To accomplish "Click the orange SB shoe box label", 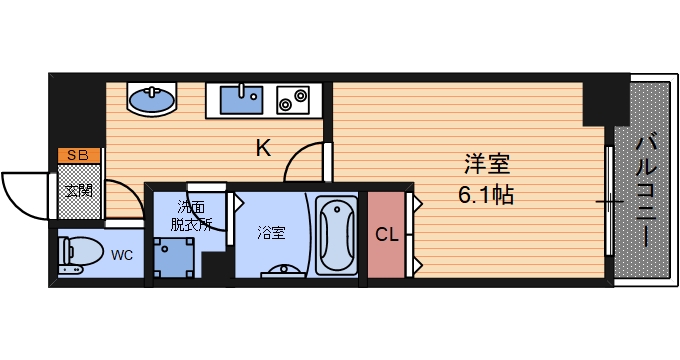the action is point(78,155).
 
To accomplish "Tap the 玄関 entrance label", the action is point(79,190).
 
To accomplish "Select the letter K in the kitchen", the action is point(263,148).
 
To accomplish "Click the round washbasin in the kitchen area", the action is point(152,100).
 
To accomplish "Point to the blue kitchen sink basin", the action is point(241,100).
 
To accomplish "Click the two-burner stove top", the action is point(293,100).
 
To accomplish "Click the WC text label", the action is point(122,255).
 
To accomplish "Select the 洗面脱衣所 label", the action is point(191,215).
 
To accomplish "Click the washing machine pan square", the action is point(174,258).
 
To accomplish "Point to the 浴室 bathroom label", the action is point(271,233).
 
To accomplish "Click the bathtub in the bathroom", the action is point(337,235).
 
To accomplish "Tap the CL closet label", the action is point(386,235).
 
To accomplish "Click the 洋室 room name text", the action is point(487,164).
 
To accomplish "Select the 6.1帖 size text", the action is point(486,195).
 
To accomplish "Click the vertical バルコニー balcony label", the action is point(645,191).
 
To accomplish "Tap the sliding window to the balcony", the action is point(609,201).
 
